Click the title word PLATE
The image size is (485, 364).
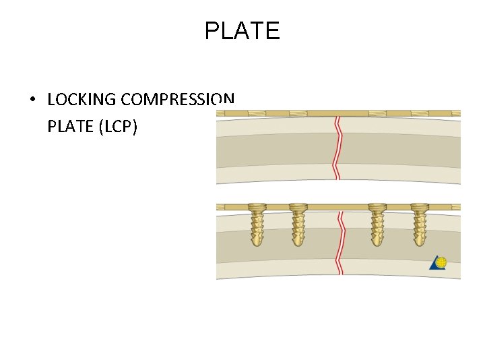(242, 31)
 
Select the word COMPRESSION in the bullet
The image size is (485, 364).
(177, 100)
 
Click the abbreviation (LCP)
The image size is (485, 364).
(118, 126)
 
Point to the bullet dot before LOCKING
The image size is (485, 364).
(32, 100)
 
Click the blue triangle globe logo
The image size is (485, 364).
(439, 262)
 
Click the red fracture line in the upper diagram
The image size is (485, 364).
(338, 148)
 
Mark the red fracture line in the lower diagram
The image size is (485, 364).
(341, 243)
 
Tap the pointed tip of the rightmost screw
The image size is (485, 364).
(419, 244)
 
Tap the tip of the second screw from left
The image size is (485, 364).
(297, 244)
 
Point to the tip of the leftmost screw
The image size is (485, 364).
(257, 244)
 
